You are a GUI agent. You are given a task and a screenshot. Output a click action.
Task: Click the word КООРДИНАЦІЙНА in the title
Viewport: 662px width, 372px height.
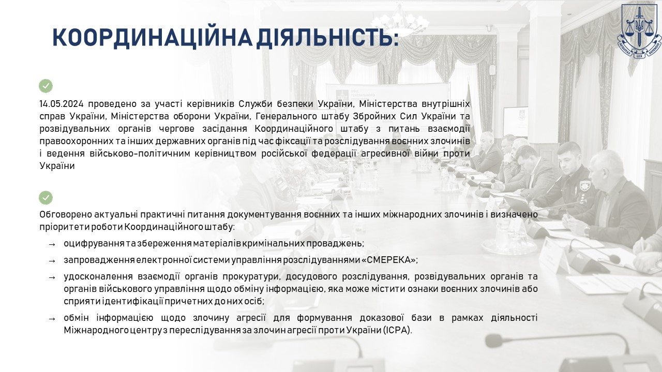click(x=153, y=38)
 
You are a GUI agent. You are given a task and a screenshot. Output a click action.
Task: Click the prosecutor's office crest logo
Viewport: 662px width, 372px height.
click(x=638, y=31)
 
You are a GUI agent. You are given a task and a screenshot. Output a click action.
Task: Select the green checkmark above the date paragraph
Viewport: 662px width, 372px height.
click(x=46, y=86)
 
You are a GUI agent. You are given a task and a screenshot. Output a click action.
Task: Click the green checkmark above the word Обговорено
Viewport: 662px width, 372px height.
click(x=46, y=198)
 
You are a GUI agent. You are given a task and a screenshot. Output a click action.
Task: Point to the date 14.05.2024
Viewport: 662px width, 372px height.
click(x=62, y=104)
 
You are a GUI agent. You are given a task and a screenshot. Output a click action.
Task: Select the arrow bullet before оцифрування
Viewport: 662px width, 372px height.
click(x=52, y=244)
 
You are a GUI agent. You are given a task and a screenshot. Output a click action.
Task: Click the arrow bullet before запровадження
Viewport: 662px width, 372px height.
click(x=52, y=261)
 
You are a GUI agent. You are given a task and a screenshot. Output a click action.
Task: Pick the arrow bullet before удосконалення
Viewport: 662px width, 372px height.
click(x=52, y=277)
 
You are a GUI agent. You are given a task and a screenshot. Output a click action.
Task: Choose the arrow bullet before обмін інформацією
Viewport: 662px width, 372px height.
click(x=52, y=319)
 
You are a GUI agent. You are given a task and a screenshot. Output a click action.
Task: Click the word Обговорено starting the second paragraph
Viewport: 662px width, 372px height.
click(x=66, y=214)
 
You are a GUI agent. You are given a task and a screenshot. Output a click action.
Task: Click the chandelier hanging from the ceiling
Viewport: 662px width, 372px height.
click(x=400, y=21)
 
